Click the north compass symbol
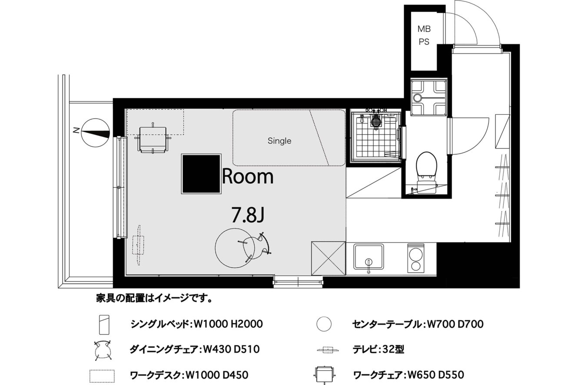point(96,133)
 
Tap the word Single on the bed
point(279,141)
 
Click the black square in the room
point(201,174)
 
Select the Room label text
point(248,176)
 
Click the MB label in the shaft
point(424,29)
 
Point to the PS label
point(424,42)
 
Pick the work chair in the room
point(153,139)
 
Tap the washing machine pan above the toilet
point(429,97)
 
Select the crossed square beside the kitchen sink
point(328,259)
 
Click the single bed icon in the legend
point(104,325)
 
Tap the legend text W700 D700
point(455,324)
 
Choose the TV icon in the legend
point(328,350)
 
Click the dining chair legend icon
point(103,350)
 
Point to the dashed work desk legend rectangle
point(102,376)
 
